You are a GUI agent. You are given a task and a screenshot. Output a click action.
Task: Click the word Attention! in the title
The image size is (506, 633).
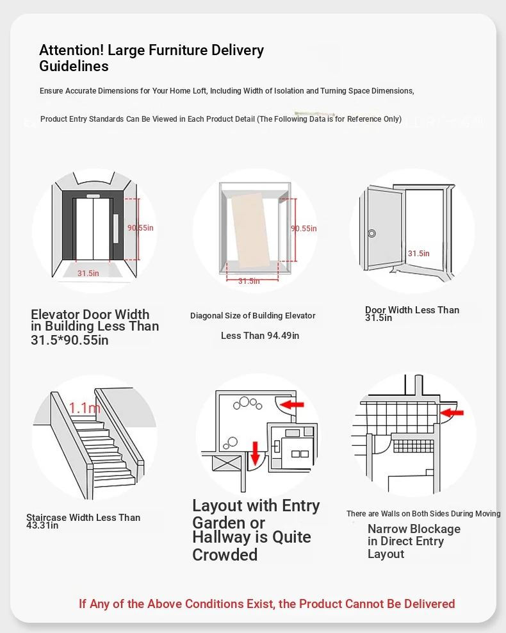pyautogui.click(x=72, y=50)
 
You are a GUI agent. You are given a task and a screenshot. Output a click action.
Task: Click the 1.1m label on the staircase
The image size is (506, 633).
pyautogui.click(x=85, y=407)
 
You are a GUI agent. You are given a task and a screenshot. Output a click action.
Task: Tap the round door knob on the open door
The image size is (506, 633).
pyautogui.click(x=371, y=233)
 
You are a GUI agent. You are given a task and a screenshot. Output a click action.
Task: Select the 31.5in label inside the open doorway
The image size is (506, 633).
pyautogui.click(x=418, y=253)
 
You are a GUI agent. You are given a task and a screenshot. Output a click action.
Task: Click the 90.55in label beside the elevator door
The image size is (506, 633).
pyautogui.click(x=140, y=227)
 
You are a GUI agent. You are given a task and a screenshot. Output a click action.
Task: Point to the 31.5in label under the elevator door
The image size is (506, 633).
pyautogui.click(x=88, y=274)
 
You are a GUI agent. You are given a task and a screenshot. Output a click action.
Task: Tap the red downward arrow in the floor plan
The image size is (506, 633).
pyautogui.click(x=255, y=452)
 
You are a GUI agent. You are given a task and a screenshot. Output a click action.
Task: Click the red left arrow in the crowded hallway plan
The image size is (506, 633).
pyautogui.click(x=293, y=404)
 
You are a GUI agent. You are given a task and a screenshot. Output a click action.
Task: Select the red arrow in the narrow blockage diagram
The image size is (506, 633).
pyautogui.click(x=452, y=412)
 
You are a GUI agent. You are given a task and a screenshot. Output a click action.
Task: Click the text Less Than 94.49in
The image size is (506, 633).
pyautogui.click(x=260, y=336)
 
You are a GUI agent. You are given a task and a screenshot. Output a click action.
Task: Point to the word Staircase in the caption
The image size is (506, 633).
pyautogui.click(x=48, y=518)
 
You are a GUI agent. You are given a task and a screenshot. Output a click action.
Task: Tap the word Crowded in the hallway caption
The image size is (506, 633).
pyautogui.click(x=225, y=555)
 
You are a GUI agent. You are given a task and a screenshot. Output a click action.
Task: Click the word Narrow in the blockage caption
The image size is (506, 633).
pyautogui.click(x=387, y=529)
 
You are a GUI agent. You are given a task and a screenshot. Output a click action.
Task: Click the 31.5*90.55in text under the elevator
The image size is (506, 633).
pyautogui.click(x=69, y=340)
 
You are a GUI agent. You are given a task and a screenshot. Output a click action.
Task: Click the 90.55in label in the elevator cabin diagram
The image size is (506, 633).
pyautogui.click(x=304, y=228)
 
